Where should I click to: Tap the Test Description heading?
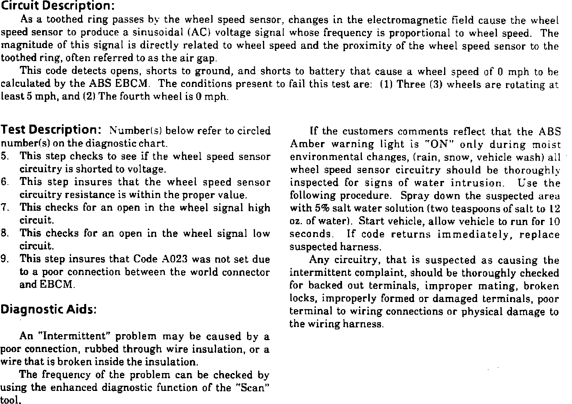click(x=53, y=130)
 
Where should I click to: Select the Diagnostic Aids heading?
click(x=49, y=309)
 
